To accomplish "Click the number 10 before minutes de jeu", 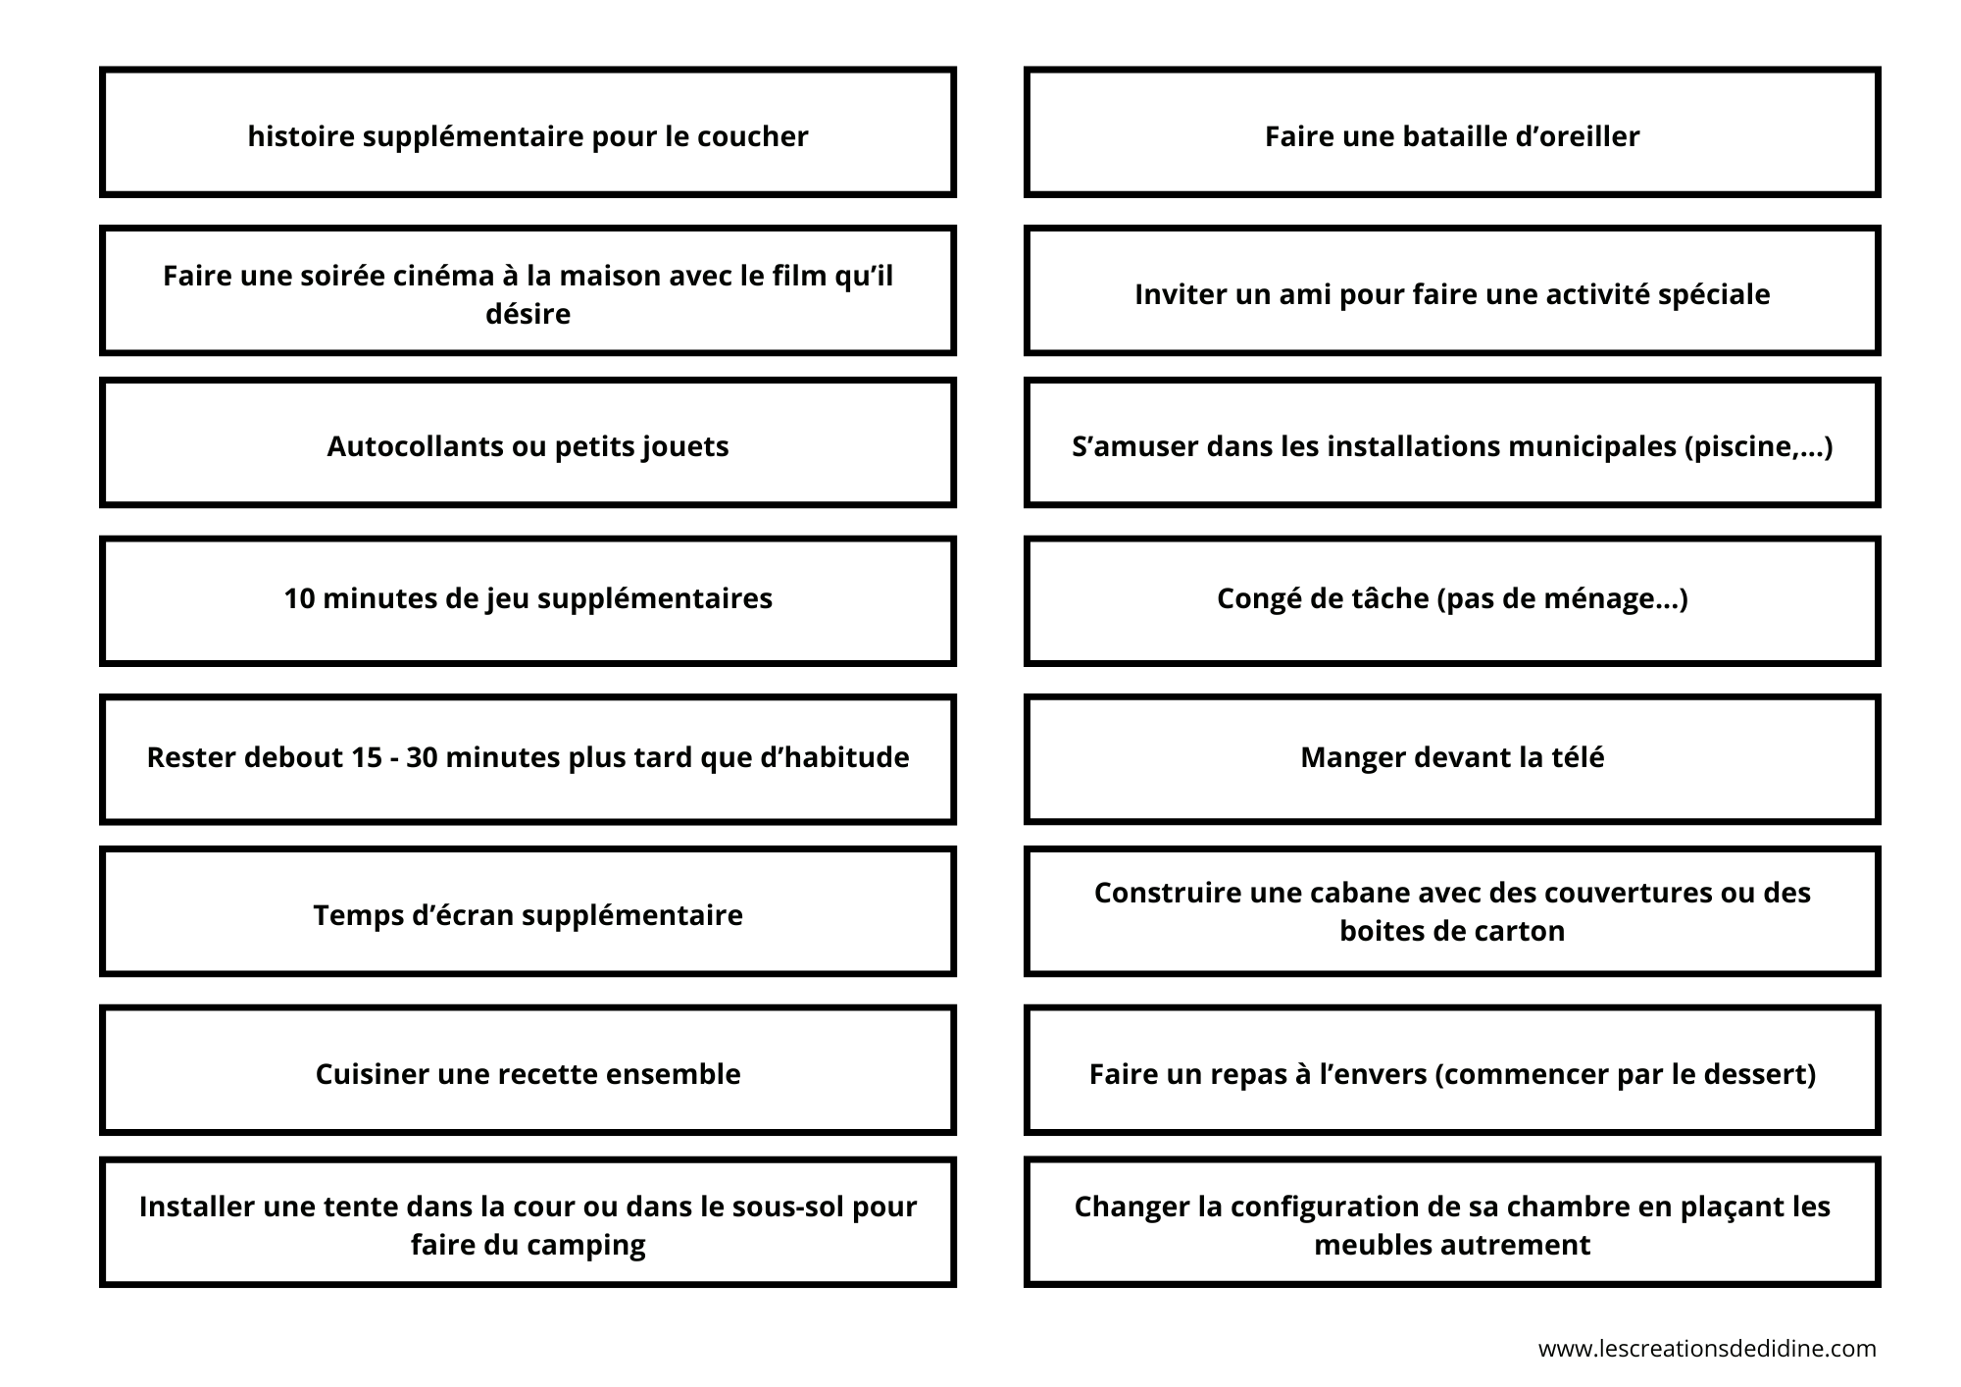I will (x=299, y=598).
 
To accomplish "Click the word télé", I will (x=1575, y=757).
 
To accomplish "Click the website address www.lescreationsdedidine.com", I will (x=1707, y=1349).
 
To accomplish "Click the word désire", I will (x=528, y=314).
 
